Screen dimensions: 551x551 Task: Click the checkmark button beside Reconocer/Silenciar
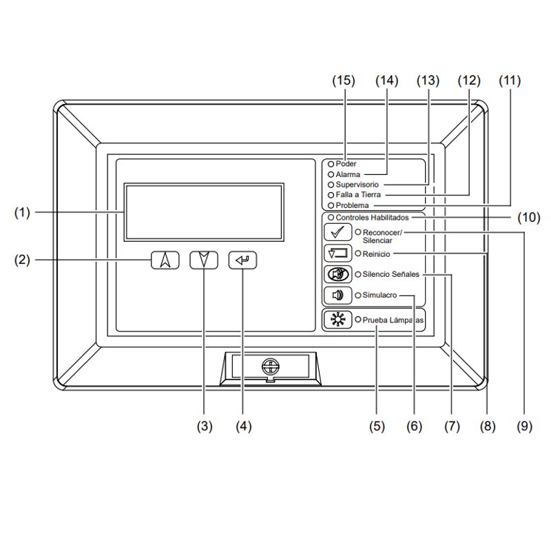tap(337, 232)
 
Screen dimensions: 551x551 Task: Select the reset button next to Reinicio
tap(337, 253)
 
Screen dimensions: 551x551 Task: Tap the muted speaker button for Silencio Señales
tap(337, 274)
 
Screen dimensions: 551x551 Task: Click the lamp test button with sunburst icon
tap(337, 320)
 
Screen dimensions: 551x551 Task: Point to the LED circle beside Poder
tap(331, 164)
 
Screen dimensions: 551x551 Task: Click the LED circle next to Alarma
tap(331, 175)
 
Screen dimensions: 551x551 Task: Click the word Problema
tap(352, 205)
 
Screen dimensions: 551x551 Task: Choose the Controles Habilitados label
tap(372, 217)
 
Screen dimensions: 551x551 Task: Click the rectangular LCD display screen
tap(204, 212)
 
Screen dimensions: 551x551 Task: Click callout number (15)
tap(343, 81)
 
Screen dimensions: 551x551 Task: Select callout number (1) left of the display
tap(23, 213)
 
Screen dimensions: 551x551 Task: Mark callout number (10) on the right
tap(529, 218)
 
